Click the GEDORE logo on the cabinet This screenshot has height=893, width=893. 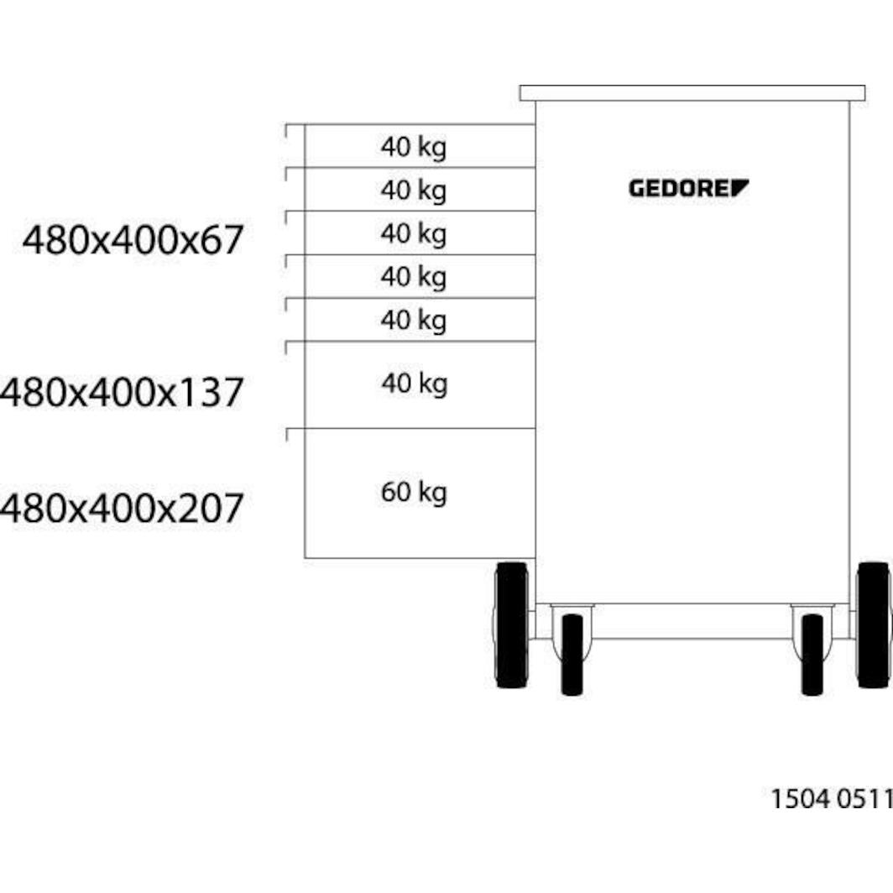[688, 188]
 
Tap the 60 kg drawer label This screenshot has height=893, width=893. [413, 492]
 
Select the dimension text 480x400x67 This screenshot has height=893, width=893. [133, 240]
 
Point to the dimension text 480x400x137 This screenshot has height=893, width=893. [123, 392]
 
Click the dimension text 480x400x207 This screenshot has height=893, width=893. [123, 508]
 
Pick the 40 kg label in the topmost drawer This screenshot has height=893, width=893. [413, 147]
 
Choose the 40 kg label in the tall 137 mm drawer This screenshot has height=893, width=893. [413, 384]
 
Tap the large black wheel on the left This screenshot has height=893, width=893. [511, 625]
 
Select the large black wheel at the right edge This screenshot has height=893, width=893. [873, 625]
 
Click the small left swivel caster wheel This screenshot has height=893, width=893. [572, 654]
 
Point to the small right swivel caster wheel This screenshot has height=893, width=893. [812, 654]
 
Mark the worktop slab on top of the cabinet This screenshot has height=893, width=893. [692, 93]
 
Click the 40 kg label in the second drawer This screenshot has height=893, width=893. [413, 191]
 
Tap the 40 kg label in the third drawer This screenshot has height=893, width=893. [413, 233]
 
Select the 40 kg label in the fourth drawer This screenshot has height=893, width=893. [413, 277]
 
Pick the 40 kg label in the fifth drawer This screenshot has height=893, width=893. [413, 320]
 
